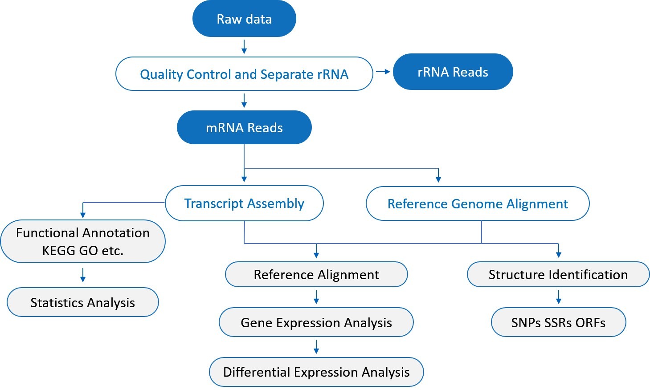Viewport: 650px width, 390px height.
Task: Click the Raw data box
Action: (244, 19)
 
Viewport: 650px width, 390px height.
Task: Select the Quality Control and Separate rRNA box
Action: (244, 74)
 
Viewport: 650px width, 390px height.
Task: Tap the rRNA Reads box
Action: (453, 72)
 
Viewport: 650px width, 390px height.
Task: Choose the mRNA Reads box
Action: (244, 128)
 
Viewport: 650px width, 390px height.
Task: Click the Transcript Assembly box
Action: (244, 203)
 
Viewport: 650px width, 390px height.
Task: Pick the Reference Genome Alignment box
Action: (478, 204)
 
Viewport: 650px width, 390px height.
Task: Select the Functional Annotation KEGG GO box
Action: (83, 241)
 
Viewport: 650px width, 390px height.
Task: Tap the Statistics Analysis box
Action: (83, 303)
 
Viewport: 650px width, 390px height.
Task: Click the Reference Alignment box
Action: (316, 275)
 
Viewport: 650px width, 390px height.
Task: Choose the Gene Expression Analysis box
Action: (316, 322)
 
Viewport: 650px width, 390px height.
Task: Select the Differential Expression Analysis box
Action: (316, 372)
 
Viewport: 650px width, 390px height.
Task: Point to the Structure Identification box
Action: (558, 275)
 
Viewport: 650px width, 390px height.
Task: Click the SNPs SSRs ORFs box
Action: (558, 322)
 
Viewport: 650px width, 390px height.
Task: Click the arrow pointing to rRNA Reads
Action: (383, 72)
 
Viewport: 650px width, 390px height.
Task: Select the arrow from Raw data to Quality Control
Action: (244, 47)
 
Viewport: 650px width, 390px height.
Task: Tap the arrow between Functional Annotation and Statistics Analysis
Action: (83, 275)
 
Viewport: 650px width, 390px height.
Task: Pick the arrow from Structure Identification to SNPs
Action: (559, 297)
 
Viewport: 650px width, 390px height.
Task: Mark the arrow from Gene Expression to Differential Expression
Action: (316, 347)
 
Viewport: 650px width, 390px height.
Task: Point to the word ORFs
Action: (590, 323)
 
